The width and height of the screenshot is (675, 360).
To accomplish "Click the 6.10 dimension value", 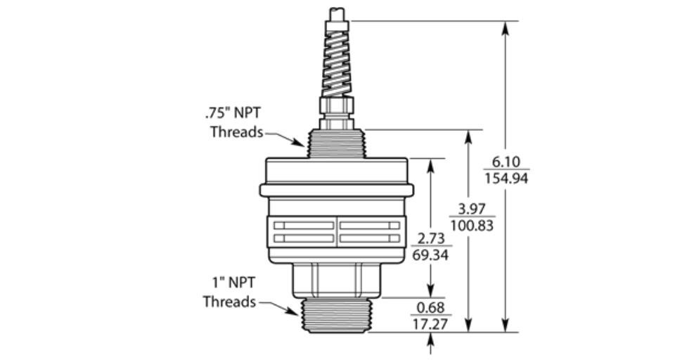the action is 506,162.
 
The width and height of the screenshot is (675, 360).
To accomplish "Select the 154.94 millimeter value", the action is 506,178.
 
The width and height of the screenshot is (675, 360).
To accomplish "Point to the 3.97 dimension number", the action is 471,210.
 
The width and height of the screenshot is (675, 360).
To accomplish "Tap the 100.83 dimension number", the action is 472,225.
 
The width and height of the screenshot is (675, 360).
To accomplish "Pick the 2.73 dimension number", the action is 431,238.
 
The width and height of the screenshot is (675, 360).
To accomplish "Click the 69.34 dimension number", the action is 430,255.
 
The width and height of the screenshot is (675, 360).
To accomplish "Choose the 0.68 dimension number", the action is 430,307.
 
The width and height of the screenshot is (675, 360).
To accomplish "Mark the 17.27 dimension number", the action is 430,323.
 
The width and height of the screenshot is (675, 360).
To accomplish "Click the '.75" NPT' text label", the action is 233,113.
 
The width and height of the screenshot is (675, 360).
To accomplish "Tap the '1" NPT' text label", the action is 233,283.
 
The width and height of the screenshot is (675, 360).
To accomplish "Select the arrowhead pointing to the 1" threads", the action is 292,311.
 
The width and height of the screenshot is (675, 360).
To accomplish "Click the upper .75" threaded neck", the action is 337,144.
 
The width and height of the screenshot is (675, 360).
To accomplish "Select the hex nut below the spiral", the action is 337,105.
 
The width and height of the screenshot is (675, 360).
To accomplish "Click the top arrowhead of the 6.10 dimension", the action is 506,27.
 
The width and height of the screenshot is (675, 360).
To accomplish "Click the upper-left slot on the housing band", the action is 304,226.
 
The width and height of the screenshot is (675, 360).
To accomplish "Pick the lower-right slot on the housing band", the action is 370,238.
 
